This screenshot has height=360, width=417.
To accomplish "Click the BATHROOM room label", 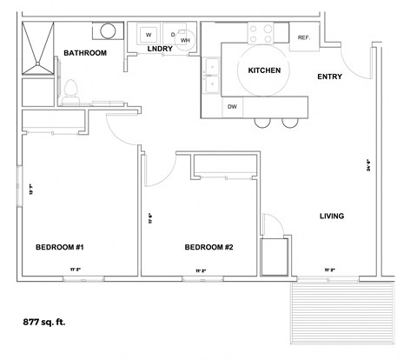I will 85,54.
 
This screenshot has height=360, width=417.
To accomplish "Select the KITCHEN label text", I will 264,70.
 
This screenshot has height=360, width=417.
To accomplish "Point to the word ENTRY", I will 329,77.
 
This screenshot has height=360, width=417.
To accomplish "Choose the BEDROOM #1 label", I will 58,247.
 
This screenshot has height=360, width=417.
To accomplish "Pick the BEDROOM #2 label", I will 208,247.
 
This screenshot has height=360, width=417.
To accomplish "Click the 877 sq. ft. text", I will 44,321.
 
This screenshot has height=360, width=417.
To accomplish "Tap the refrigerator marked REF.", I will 304,37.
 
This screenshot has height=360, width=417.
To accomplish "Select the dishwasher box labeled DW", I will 232,107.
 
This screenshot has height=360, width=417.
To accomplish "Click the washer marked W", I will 149,35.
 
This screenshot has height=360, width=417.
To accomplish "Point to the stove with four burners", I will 261,34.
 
